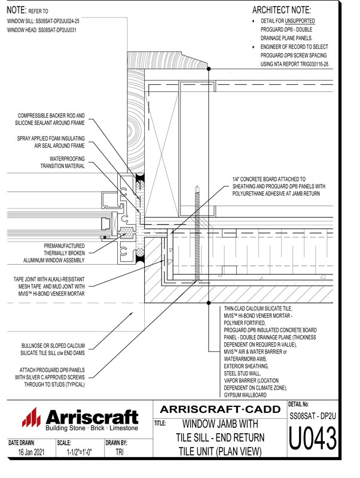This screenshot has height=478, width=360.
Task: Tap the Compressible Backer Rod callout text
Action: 51,119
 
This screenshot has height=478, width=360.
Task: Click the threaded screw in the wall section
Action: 196,233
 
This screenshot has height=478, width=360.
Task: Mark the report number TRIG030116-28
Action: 309,63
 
